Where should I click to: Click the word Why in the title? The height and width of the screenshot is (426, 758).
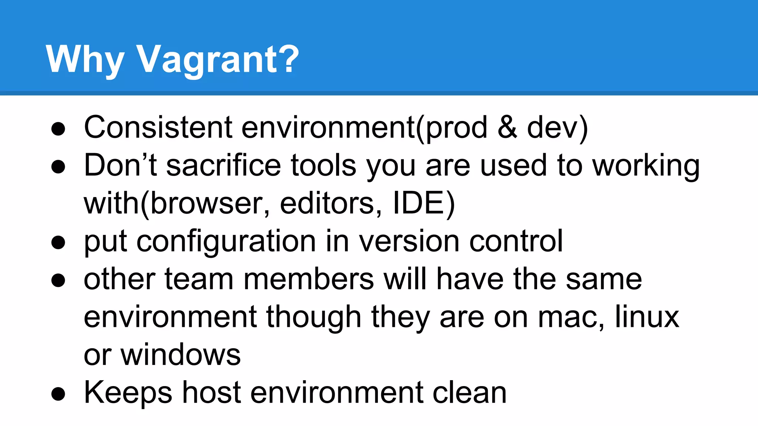pyautogui.click(x=84, y=59)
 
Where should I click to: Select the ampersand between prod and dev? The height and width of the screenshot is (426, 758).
pyautogui.click(x=507, y=127)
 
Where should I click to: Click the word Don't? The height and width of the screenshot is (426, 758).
pyautogui.click(x=120, y=165)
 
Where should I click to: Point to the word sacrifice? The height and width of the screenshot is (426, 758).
pyautogui.click(x=224, y=165)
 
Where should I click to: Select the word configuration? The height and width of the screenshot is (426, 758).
pyautogui.click(x=226, y=241)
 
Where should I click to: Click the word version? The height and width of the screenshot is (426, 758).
pyautogui.click(x=409, y=241)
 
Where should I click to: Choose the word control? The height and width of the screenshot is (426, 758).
pyautogui.click(x=516, y=241)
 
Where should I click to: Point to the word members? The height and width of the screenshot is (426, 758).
pyautogui.click(x=309, y=279)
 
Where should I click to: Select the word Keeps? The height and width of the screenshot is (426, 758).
pyautogui.click(x=128, y=393)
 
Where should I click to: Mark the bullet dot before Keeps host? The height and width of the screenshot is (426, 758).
pyautogui.click(x=58, y=394)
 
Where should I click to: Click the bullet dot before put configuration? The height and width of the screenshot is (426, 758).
pyautogui.click(x=58, y=243)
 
